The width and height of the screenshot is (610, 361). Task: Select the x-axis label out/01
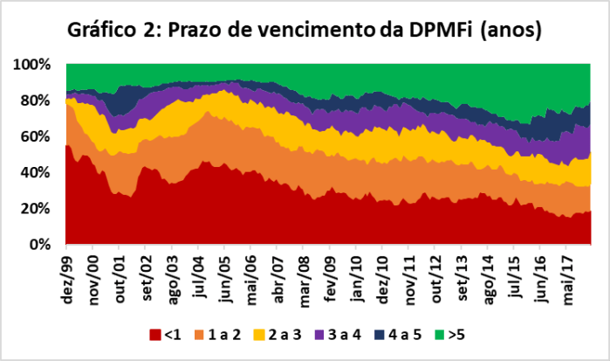[x=120, y=276]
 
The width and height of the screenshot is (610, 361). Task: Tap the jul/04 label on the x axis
[x=200, y=275]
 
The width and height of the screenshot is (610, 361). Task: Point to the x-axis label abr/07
[x=278, y=276]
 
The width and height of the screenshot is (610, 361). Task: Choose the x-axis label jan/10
[x=357, y=275]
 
